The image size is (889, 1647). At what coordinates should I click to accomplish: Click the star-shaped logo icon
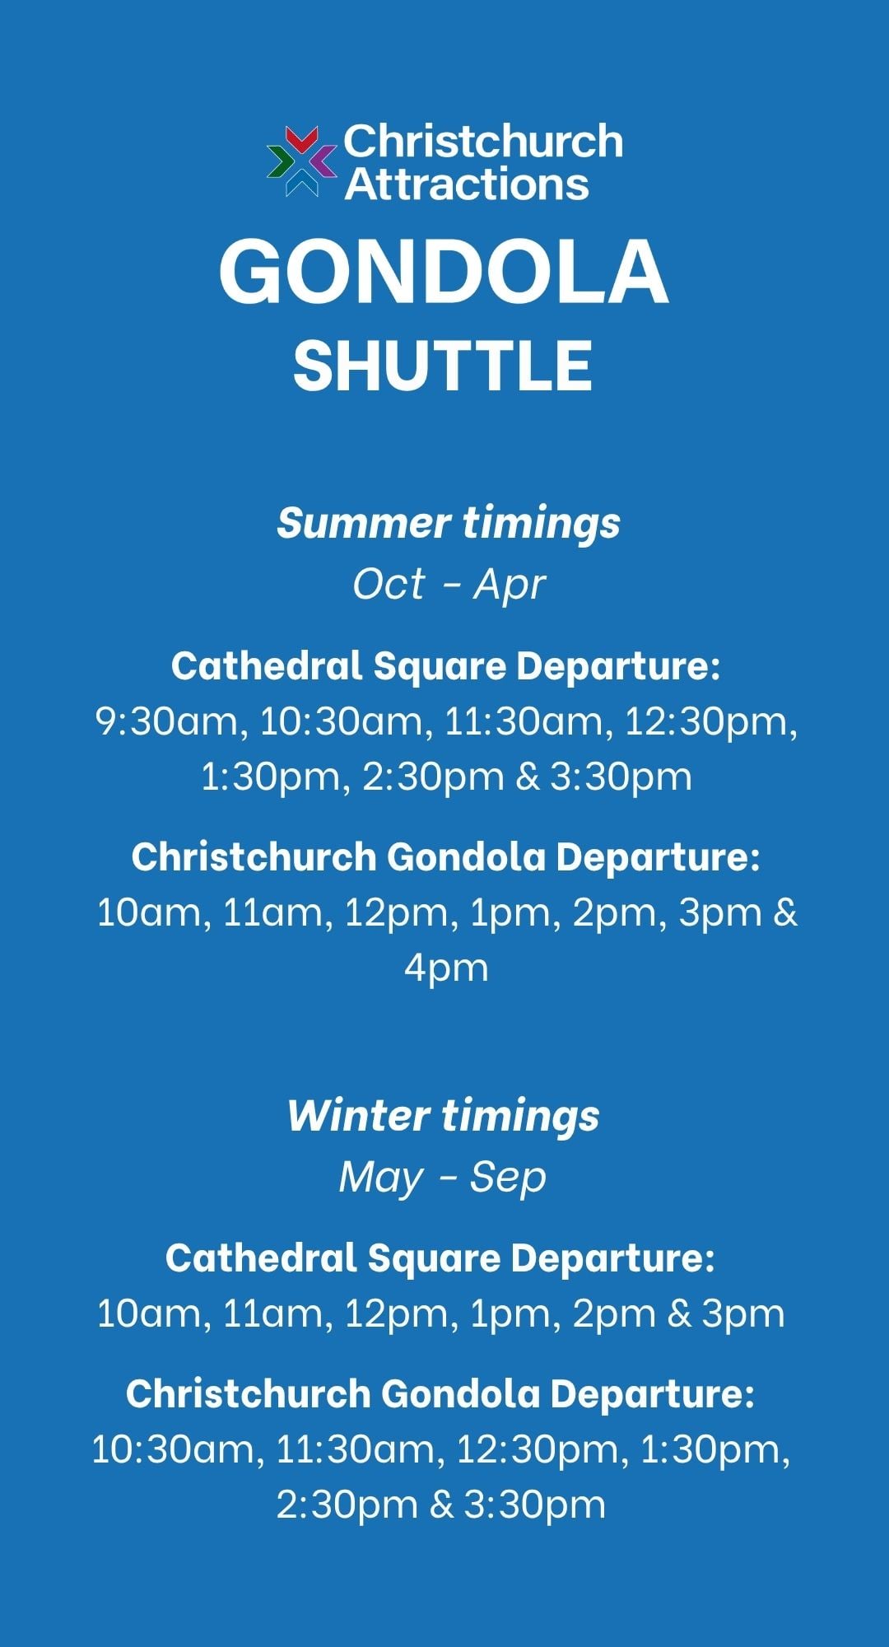302,161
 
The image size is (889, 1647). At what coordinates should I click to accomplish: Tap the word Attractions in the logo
467,184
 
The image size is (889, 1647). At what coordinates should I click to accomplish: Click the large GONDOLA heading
444,272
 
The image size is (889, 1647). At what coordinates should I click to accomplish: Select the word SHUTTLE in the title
443,366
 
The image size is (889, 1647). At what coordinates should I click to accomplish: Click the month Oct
389,584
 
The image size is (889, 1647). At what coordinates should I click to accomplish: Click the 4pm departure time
446,969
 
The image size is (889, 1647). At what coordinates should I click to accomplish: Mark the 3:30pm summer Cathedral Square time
621,777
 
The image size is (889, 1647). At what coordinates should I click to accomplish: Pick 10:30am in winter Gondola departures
178,1450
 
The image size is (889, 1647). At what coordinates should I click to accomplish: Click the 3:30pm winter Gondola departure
535,1506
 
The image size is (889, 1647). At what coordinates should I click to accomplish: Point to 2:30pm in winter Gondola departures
347,1506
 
